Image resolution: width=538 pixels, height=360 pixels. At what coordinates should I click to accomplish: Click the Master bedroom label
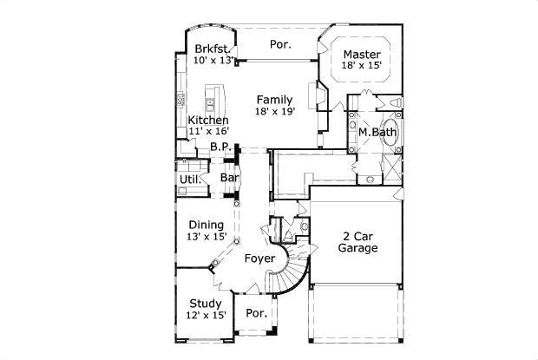coord(362,54)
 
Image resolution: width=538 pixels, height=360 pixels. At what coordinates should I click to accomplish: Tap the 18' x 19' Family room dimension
coord(275,111)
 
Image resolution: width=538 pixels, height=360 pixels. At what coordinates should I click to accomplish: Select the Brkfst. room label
coord(212,49)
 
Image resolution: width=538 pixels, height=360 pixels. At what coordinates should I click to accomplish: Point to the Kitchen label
coord(208,120)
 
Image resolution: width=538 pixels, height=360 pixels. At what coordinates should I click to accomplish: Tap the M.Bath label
coord(377,132)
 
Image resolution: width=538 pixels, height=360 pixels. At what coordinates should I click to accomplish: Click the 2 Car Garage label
coord(358,242)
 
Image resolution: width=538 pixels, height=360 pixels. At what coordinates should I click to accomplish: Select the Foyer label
coord(259,259)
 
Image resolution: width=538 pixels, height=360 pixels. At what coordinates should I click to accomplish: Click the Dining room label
coord(207,225)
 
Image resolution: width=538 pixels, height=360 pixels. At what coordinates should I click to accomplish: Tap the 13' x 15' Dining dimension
coord(207,236)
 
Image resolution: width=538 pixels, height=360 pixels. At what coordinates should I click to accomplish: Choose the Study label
coord(205,304)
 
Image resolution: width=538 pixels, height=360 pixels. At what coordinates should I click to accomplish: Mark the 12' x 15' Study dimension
coord(206,315)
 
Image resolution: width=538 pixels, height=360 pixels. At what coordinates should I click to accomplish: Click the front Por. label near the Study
coord(257,313)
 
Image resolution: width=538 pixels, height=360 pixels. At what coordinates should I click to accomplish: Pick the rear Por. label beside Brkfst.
coord(280,44)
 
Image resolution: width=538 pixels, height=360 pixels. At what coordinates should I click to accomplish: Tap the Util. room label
coord(190,180)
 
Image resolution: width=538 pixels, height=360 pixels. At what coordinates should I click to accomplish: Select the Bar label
coord(230,178)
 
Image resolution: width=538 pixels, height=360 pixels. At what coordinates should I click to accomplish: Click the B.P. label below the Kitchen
coord(220,147)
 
